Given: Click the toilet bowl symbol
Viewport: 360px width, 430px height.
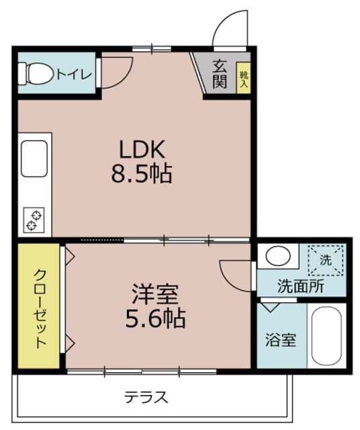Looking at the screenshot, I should [37, 73].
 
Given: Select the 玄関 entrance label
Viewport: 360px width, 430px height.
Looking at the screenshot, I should [220, 75].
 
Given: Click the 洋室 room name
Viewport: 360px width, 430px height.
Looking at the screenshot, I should [155, 294].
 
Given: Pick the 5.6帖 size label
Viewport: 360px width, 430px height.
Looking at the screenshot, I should [155, 317].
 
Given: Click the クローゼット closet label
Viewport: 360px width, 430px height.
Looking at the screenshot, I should [40, 306].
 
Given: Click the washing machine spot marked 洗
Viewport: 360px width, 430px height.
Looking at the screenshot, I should [325, 261].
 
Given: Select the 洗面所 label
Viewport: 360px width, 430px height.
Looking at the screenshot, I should [300, 286].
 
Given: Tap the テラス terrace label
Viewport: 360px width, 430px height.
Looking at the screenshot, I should [146, 396].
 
